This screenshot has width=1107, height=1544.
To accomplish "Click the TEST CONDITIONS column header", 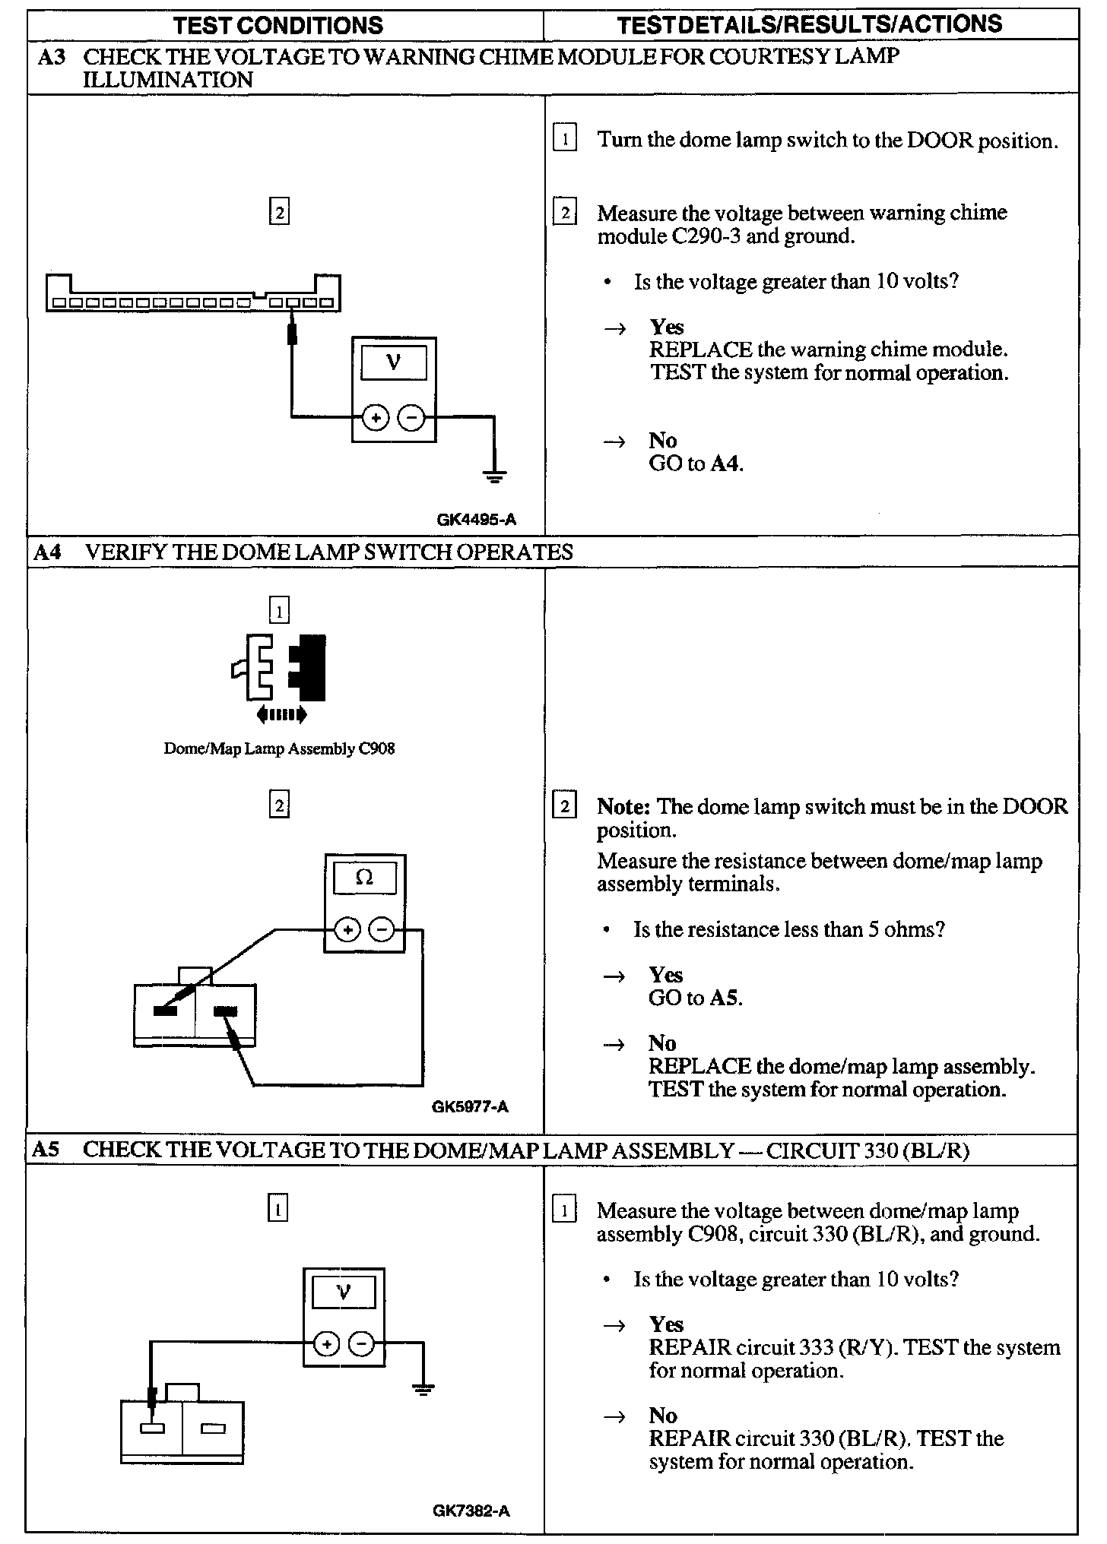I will [x=278, y=25].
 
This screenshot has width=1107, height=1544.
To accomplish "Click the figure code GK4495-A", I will [x=476, y=520].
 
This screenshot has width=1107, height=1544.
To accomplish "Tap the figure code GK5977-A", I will [x=470, y=1106].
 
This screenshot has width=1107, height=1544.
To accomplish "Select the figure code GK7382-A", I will [x=471, y=1511].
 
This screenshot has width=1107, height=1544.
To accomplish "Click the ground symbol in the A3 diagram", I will [x=494, y=476].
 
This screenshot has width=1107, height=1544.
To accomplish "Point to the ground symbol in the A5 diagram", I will [x=423, y=1388].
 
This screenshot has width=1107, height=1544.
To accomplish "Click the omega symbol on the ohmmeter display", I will [x=365, y=878].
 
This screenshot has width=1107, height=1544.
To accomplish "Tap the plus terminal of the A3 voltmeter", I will [x=375, y=417].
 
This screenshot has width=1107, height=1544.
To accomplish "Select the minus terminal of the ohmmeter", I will [x=382, y=929].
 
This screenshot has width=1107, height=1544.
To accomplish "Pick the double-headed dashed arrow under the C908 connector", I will [x=281, y=713].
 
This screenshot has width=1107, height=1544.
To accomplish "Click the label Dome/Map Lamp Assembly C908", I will [x=279, y=748].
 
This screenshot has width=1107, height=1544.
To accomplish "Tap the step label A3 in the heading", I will [x=52, y=56].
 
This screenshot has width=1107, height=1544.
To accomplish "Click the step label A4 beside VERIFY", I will [x=46, y=552].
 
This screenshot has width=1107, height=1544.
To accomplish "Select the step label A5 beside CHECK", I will [x=46, y=1150].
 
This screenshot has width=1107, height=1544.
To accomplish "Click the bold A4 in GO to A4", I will [x=726, y=464].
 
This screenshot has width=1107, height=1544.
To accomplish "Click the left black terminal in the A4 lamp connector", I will [x=165, y=1011].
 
